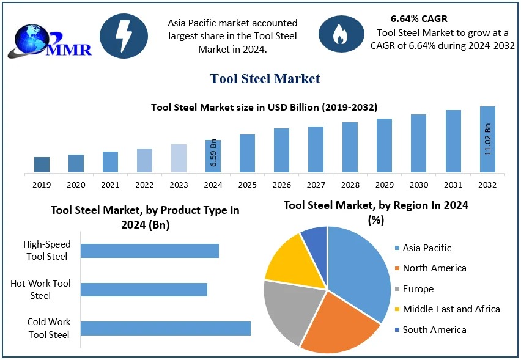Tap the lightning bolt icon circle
click(124, 36)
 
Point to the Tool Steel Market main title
click(265, 78)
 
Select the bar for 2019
click(42, 164)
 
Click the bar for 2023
click(179, 158)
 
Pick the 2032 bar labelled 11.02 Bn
click(487, 139)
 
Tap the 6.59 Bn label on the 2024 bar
click(213, 153)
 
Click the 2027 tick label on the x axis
click(316, 185)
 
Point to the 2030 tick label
click(418, 185)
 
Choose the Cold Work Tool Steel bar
click(165, 328)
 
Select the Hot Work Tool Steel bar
click(144, 289)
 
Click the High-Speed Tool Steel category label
click(47, 251)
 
